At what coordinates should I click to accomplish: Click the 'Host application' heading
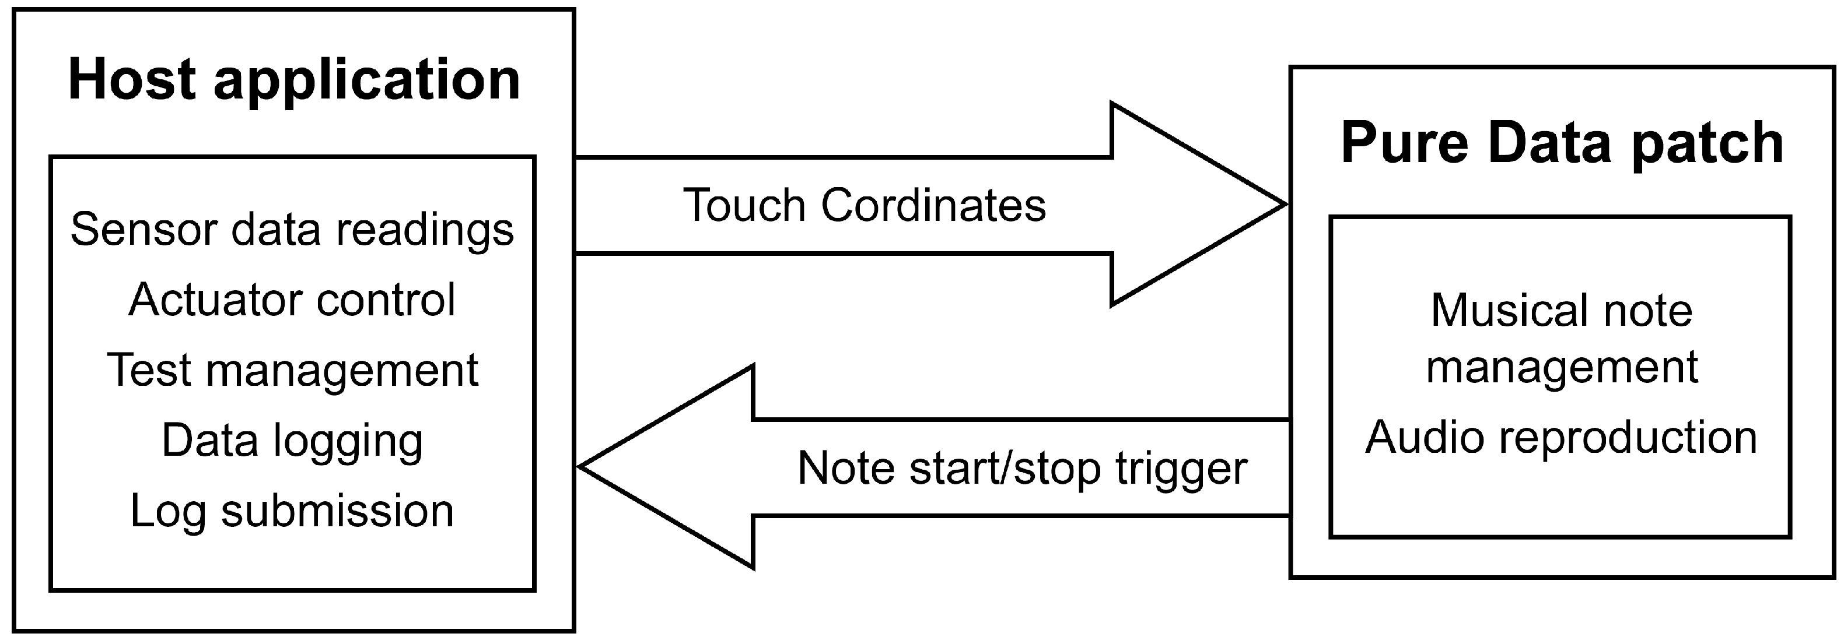[x=293, y=80]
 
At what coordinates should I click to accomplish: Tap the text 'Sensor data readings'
[x=292, y=230]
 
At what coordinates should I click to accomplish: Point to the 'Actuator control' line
[x=292, y=299]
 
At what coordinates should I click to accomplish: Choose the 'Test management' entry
[x=292, y=370]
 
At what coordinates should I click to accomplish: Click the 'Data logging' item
[x=292, y=440]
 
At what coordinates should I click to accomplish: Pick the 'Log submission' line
[x=292, y=511]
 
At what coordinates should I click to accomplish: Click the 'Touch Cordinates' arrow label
[x=864, y=205]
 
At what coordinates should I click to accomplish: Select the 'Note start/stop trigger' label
[x=1022, y=468]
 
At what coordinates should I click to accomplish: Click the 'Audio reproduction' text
[x=1561, y=437]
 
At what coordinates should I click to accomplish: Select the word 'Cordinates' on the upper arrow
[x=933, y=205]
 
